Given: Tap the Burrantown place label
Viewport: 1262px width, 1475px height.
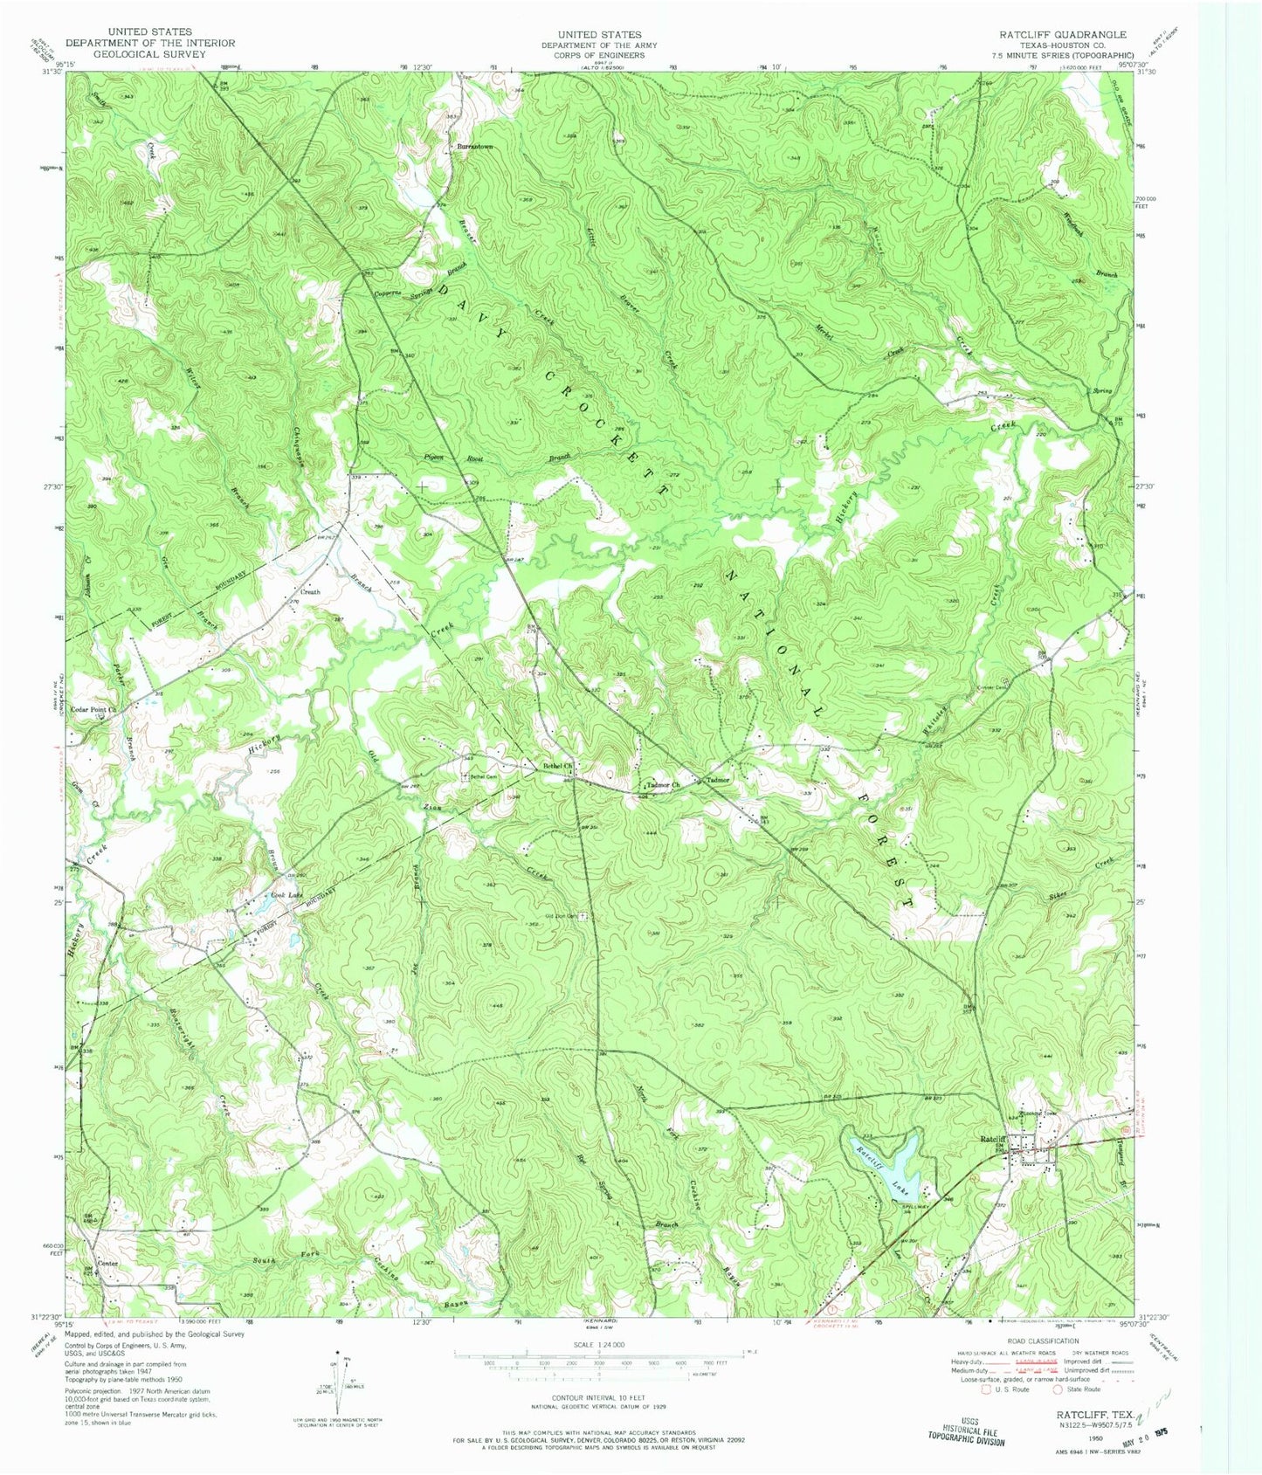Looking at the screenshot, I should coord(475,147).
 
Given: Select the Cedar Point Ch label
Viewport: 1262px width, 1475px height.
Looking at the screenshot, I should coord(93,710).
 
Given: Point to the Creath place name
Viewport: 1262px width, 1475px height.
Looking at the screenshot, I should coord(311,592).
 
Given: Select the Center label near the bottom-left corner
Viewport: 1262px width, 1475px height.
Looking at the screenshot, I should coord(107,1264).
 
